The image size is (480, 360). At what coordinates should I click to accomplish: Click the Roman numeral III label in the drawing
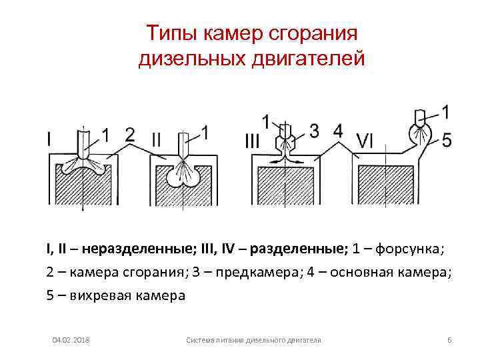253,141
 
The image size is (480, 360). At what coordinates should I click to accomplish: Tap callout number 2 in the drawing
130,135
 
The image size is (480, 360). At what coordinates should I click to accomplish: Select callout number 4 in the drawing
339,131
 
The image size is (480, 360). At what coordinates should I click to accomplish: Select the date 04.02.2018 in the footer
71,341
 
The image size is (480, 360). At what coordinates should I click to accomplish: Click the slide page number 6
449,341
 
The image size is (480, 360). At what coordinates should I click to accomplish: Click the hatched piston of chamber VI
386,187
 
